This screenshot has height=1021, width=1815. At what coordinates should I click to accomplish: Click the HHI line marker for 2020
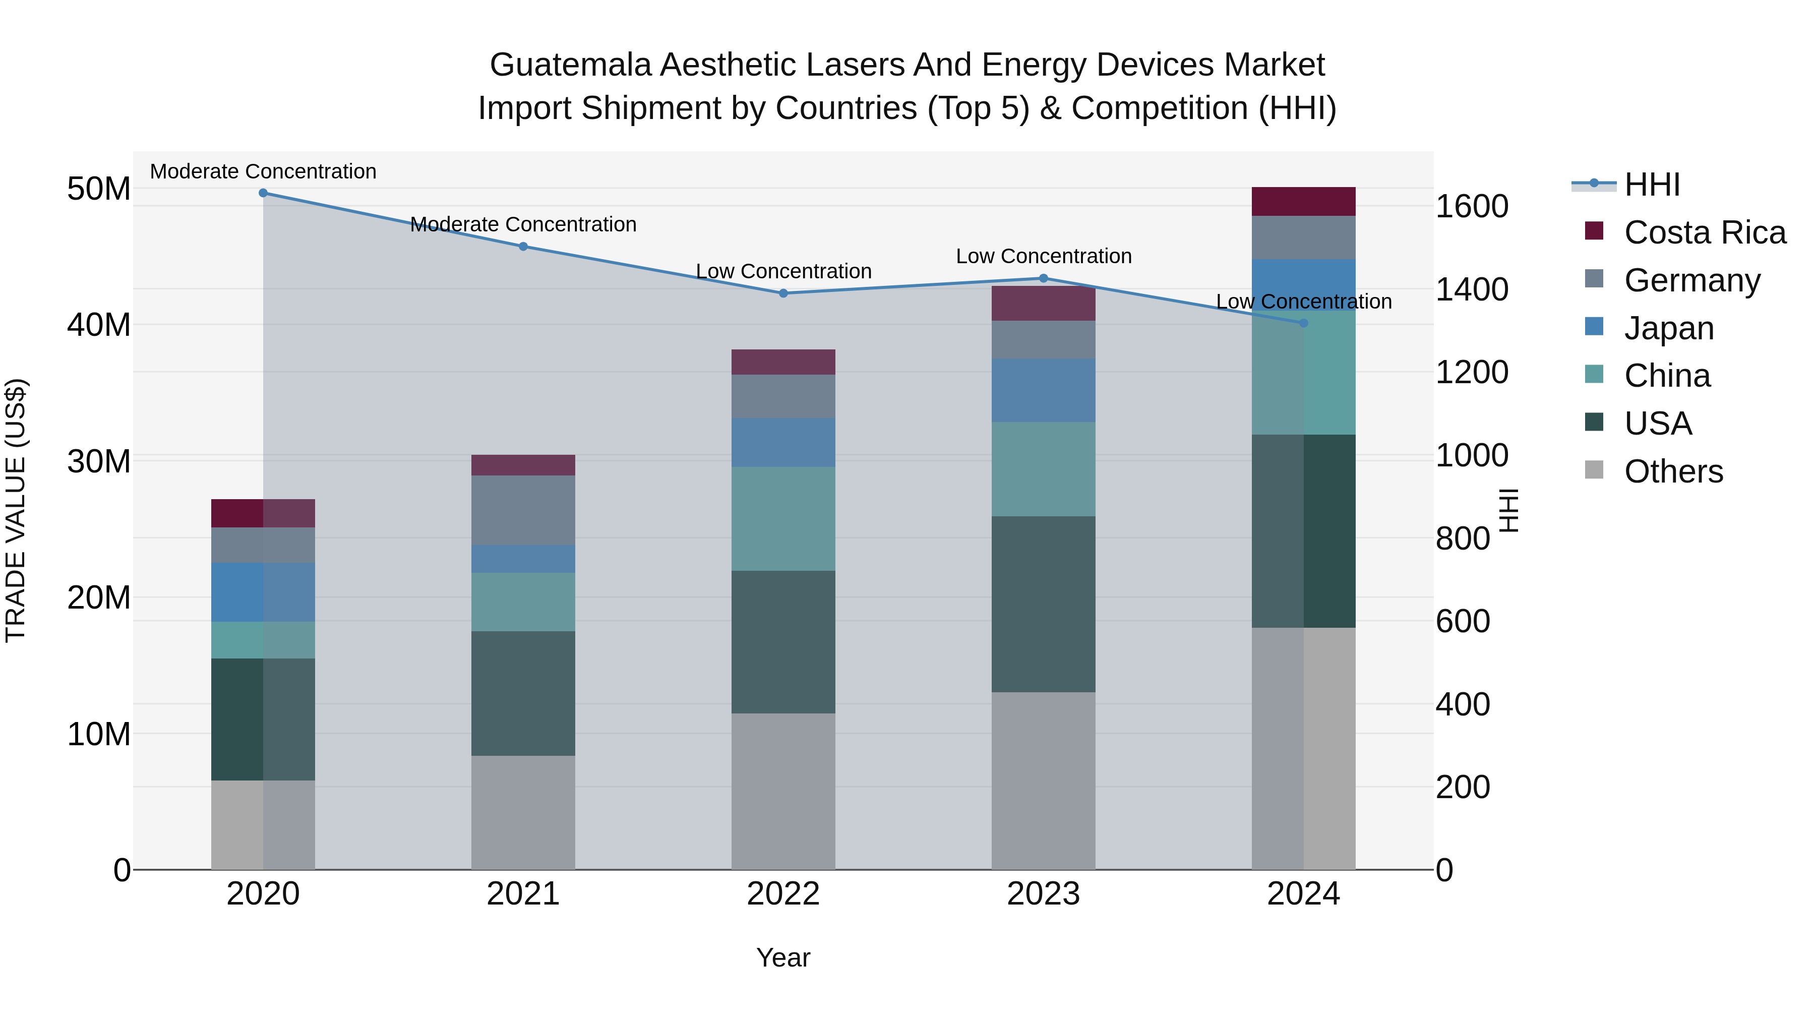pyautogui.click(x=263, y=193)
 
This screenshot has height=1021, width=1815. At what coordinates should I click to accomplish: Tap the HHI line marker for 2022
pyautogui.click(x=783, y=293)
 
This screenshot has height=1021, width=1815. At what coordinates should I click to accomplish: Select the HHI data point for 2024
pyautogui.click(x=1303, y=323)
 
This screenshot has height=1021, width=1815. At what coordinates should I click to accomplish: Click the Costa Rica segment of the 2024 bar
pyautogui.click(x=1303, y=202)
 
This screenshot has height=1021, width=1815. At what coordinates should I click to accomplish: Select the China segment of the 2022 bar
pyautogui.click(x=783, y=519)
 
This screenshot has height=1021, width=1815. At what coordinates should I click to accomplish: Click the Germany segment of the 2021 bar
pyautogui.click(x=523, y=510)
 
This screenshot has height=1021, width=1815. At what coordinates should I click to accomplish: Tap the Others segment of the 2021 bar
pyautogui.click(x=523, y=812)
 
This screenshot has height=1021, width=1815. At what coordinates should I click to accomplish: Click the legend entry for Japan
pyautogui.click(x=1668, y=328)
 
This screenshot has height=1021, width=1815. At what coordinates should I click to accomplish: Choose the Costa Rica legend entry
pyautogui.click(x=1704, y=232)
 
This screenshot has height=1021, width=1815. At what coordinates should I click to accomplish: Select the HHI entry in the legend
pyautogui.click(x=1651, y=185)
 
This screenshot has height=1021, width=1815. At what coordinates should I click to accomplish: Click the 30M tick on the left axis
pyautogui.click(x=99, y=461)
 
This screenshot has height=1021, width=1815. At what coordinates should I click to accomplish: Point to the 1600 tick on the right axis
pyautogui.click(x=1472, y=206)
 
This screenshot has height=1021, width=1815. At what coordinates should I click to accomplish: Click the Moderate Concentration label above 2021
pyautogui.click(x=523, y=224)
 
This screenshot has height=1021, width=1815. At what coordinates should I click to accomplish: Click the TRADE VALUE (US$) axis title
pyautogui.click(x=16, y=510)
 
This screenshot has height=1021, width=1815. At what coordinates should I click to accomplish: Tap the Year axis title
pyautogui.click(x=783, y=957)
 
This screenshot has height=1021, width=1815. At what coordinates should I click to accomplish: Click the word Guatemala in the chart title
pyautogui.click(x=571, y=65)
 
